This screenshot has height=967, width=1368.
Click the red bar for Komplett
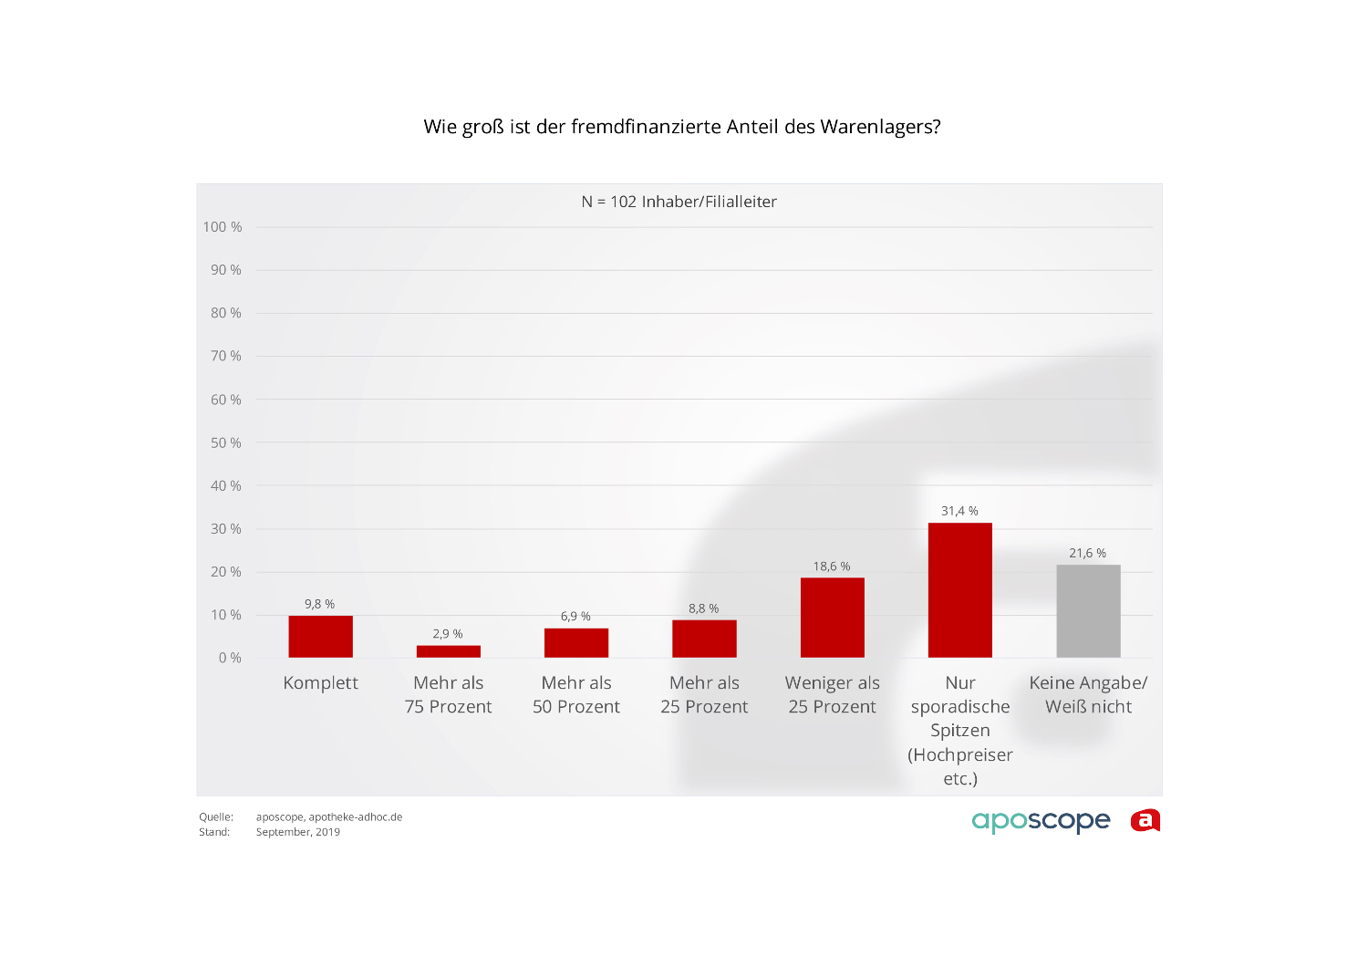pyautogui.click(x=320, y=637)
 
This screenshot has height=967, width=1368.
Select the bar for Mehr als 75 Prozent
pyautogui.click(x=448, y=651)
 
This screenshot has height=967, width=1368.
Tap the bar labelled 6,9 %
pyautogui.click(x=575, y=643)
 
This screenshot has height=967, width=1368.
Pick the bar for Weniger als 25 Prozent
pyautogui.click(x=832, y=618)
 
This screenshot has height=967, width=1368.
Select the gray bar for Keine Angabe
pyautogui.click(x=1088, y=611)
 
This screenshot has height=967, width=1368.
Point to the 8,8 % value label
pyautogui.click(x=703, y=608)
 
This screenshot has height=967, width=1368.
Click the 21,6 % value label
pyautogui.click(x=1087, y=553)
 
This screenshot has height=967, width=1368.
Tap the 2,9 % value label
pyautogui.click(x=447, y=634)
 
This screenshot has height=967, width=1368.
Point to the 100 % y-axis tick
pyautogui.click(x=223, y=227)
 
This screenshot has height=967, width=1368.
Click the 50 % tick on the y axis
pyautogui.click(x=225, y=442)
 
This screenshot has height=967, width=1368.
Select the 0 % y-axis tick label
pyautogui.click(x=230, y=658)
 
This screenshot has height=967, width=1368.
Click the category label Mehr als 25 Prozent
pyautogui.click(x=704, y=694)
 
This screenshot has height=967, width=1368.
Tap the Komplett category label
pyautogui.click(x=320, y=683)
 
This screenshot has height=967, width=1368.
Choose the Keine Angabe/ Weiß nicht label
pyautogui.click(x=1088, y=694)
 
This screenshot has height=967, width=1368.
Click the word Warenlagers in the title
pyautogui.click(x=879, y=127)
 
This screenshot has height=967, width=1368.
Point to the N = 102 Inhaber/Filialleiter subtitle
pyautogui.click(x=679, y=202)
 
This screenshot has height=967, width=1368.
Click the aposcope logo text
pyautogui.click(x=1041, y=821)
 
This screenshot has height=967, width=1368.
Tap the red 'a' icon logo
pyautogui.click(x=1145, y=821)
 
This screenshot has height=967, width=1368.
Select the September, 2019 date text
pyautogui.click(x=297, y=832)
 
